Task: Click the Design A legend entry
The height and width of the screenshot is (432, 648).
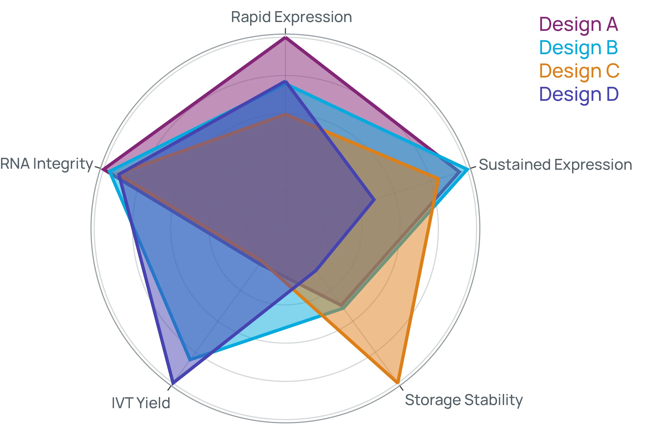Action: tap(578, 25)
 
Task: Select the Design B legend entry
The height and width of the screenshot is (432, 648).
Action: tap(578, 48)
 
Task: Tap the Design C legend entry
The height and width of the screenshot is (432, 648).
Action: tap(579, 71)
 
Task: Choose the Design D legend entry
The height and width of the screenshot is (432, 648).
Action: tap(579, 94)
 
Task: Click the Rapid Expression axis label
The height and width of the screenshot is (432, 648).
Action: tap(292, 17)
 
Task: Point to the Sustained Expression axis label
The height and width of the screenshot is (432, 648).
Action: tap(555, 165)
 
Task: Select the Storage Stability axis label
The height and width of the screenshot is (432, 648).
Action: tap(464, 400)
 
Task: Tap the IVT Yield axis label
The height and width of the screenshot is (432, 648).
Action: tap(141, 403)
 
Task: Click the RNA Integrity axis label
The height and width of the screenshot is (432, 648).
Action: tap(46, 164)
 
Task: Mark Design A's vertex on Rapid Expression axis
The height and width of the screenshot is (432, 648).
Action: tap(285, 38)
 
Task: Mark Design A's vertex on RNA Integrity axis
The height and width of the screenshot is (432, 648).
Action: tap(103, 169)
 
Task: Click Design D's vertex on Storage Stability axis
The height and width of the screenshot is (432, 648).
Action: tap(316, 271)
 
